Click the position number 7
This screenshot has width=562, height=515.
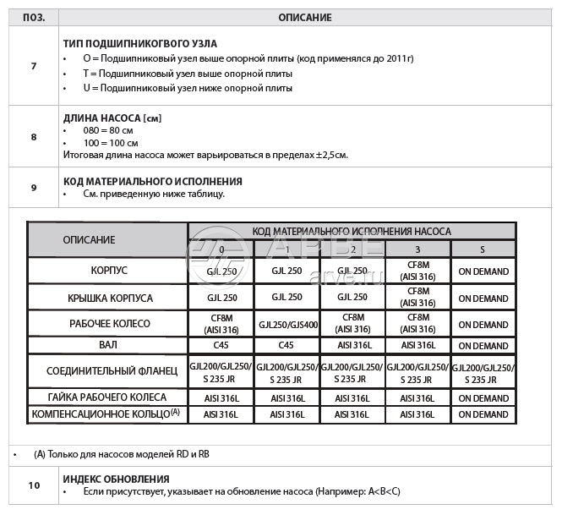pos(33,65)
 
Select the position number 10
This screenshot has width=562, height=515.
pos(34,485)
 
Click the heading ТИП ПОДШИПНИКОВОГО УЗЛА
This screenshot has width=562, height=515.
pos(139,43)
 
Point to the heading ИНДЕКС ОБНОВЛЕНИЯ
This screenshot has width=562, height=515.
pos(116,479)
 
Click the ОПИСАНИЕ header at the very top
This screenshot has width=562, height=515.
pos(304,18)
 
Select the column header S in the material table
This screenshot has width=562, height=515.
pos(483,249)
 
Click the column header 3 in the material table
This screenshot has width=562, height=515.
pos(417,249)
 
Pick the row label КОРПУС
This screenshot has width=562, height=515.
pos(109,271)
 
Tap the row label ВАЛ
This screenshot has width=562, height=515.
pos(109,344)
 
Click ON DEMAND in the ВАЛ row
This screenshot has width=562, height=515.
pos(483,345)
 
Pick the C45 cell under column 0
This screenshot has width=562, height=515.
pos(221,345)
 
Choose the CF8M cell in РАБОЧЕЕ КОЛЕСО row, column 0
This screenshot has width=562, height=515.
pos(221,324)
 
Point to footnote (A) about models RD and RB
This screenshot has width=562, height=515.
pos(122,454)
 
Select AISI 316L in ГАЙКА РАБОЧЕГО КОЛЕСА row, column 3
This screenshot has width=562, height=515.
pos(417,397)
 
